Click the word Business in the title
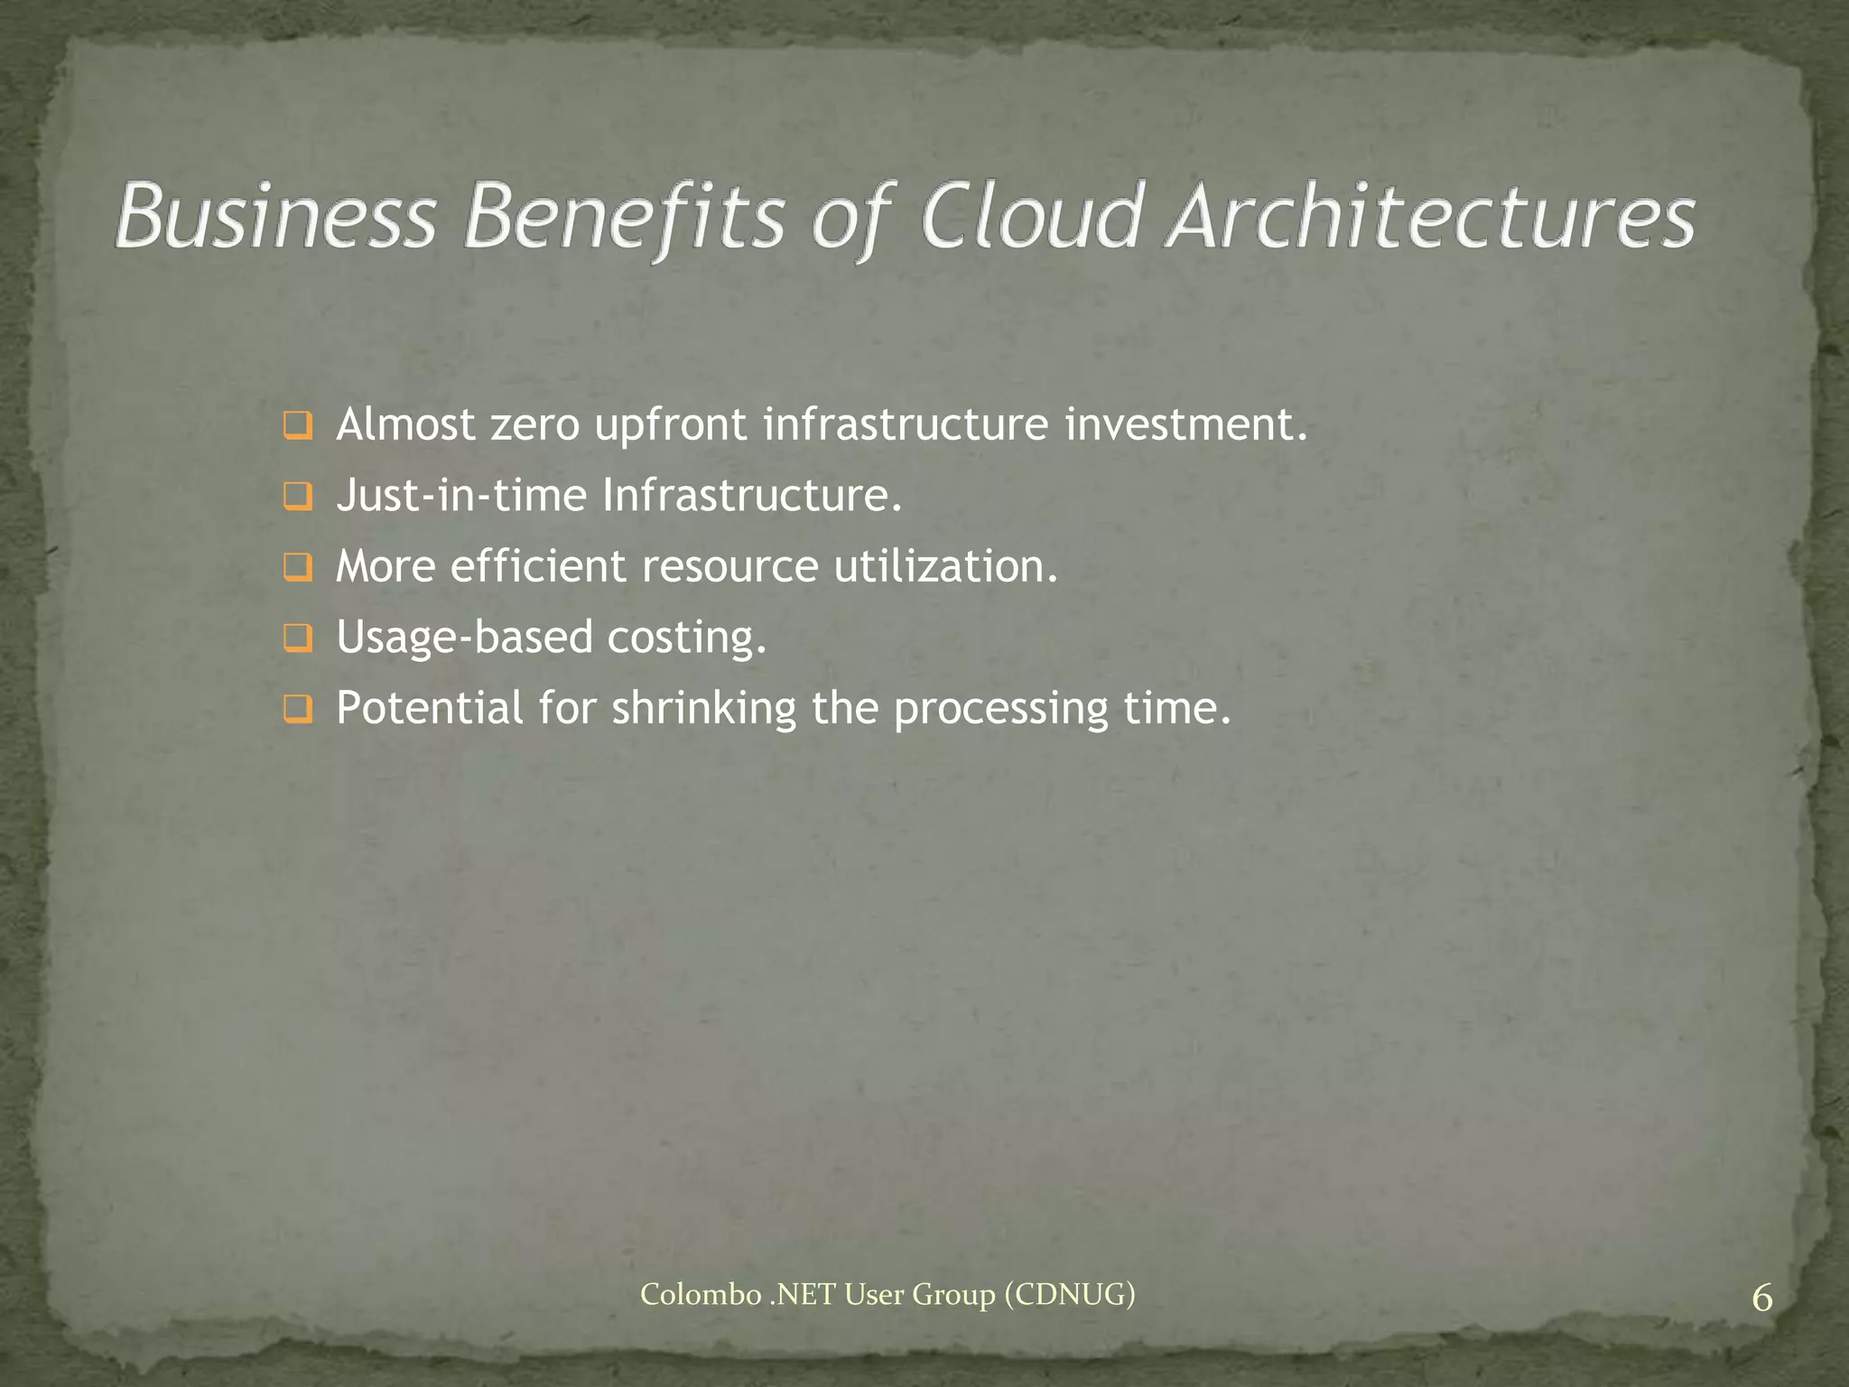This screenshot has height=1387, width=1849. pos(275,217)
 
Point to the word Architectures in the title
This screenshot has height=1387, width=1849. pos(1431,217)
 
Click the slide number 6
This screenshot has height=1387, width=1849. pos(1761,1299)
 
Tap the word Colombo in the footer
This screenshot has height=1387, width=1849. pos(701,1295)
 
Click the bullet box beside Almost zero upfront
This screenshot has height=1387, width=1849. pos(297,425)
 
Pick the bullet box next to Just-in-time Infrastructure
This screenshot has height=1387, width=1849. pos(297,497)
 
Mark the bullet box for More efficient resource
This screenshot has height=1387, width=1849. pos(297,567)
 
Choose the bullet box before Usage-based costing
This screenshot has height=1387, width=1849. pos(297,638)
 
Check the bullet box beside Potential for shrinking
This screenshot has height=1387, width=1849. pos(297,709)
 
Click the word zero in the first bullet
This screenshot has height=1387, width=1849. pos(534,425)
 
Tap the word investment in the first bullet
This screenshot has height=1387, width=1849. pos(1185,425)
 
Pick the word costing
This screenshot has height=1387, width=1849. pos(686,638)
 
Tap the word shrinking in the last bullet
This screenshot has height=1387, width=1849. pos(704,708)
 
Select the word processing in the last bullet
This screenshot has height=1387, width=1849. pos(1000,708)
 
